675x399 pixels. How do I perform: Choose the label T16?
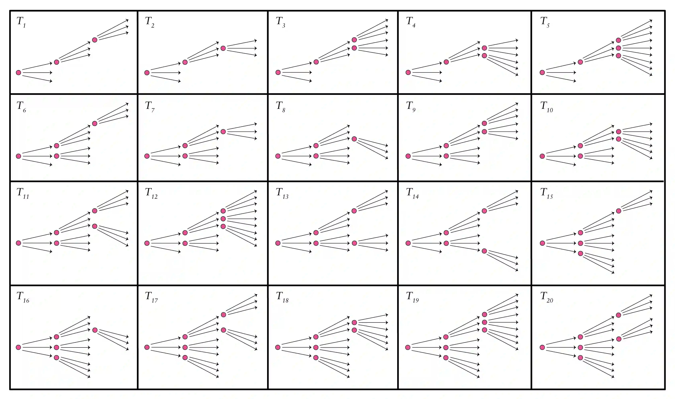coord(23,297)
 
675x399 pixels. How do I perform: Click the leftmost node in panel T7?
coord(147,156)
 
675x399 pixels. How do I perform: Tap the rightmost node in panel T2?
coord(223,48)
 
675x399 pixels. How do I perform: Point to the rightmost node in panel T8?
coord(354,139)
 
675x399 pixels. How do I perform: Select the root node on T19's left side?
coord(408,347)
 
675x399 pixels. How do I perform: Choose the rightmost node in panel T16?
coord(95,330)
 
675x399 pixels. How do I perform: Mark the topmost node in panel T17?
coord(223,315)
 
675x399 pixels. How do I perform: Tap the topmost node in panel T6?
coord(94,124)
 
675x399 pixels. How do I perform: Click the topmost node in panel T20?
coord(618,315)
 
